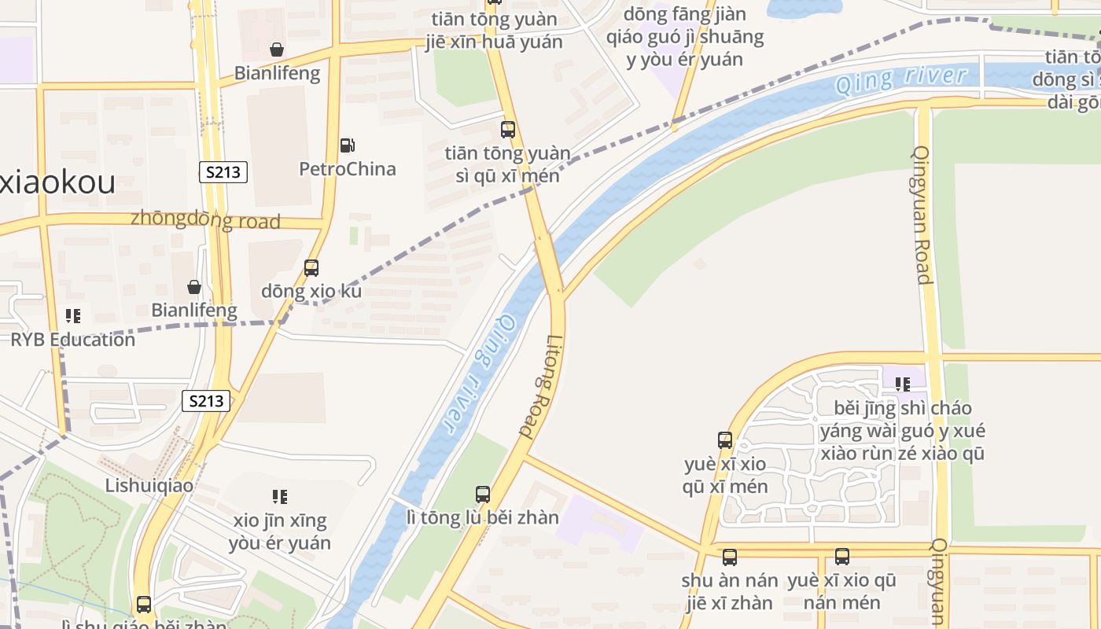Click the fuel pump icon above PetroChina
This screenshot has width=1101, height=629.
(x=347, y=145)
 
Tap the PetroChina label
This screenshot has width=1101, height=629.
(x=347, y=169)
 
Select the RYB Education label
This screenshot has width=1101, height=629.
(x=72, y=340)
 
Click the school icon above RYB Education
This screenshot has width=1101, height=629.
(x=73, y=316)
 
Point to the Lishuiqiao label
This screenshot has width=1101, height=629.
(x=149, y=485)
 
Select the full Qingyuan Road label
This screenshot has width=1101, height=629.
(x=922, y=215)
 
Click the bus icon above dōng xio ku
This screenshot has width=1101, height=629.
(x=311, y=268)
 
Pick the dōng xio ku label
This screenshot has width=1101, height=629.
(x=311, y=291)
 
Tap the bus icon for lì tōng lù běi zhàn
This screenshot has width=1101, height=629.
(x=483, y=495)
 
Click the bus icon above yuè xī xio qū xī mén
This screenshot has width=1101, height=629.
(x=725, y=440)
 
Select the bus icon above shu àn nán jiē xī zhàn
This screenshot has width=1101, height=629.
(x=730, y=557)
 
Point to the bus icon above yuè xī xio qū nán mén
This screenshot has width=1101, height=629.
(x=842, y=557)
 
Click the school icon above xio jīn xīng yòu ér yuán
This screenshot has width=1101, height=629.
(x=280, y=497)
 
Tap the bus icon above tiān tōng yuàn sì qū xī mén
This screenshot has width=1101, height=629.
(x=508, y=130)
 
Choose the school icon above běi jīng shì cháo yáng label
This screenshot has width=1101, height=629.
(x=903, y=384)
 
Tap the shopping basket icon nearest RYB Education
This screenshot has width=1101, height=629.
(x=194, y=287)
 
